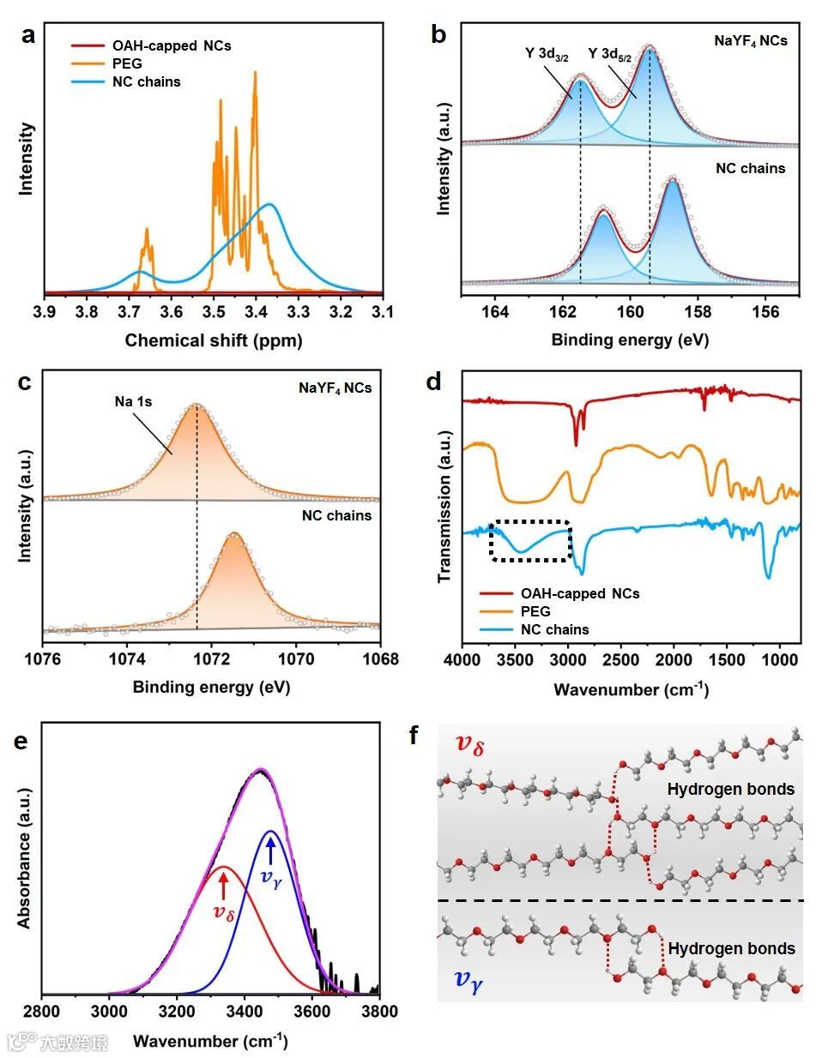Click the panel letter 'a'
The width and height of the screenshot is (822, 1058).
29,36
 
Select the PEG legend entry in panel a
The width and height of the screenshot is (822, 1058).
127,63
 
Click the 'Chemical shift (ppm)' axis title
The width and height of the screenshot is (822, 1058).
214,340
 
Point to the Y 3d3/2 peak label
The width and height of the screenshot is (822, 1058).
547,54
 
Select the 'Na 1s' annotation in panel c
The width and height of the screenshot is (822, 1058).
134,401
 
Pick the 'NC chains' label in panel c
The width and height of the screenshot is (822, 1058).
336,515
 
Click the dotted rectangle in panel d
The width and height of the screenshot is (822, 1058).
530,540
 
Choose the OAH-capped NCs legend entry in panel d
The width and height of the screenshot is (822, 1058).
579,593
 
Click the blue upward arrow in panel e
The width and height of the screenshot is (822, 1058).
271,851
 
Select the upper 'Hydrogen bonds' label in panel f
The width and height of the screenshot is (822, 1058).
731,789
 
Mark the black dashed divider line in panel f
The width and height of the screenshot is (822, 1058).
620,900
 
